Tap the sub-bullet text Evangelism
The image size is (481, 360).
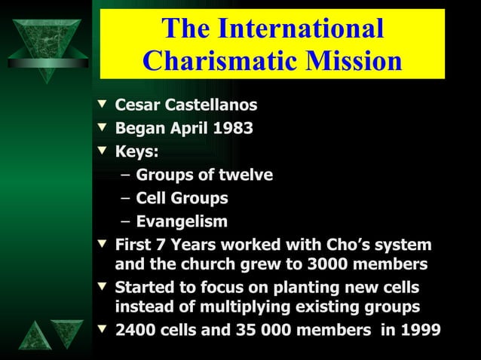(x=181, y=222)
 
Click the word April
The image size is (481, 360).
(x=188, y=128)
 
